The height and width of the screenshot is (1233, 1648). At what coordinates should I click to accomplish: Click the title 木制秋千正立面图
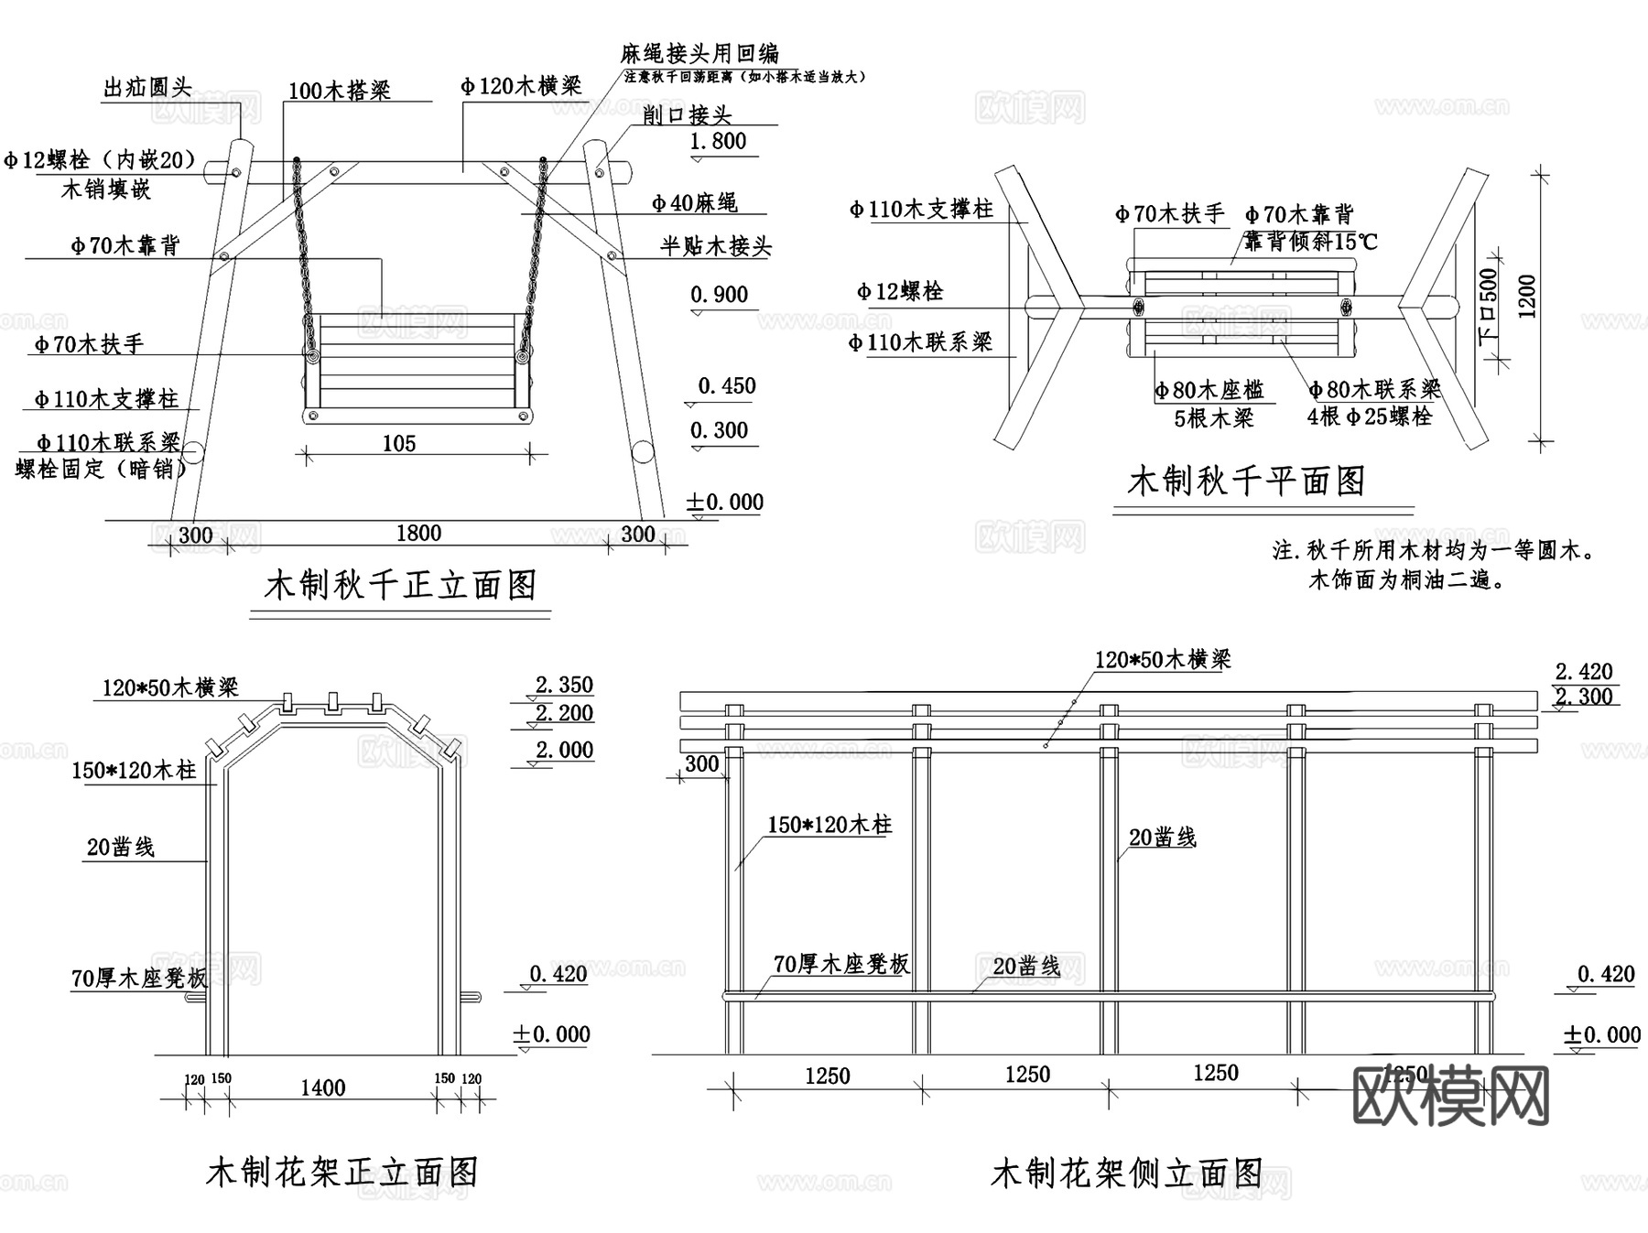400,586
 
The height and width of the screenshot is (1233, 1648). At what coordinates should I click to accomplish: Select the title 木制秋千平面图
1246,481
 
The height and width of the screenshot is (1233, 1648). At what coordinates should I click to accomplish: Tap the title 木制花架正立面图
342,1173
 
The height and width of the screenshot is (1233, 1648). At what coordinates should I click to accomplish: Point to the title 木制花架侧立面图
1127,1174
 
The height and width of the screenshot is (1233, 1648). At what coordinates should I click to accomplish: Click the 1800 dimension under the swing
418,534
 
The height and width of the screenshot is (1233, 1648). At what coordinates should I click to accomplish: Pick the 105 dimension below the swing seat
398,444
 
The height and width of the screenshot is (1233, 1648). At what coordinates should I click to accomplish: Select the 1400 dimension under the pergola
323,1088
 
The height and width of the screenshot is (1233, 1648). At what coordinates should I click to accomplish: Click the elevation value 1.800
718,142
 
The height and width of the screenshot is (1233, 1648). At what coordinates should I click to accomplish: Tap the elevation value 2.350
564,686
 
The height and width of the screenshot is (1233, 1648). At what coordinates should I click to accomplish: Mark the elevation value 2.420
1584,672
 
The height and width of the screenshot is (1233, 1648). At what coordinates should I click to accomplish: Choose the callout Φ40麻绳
695,203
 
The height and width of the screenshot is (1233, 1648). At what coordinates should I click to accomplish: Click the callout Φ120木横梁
521,87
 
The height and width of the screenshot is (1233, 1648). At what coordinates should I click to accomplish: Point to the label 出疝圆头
147,89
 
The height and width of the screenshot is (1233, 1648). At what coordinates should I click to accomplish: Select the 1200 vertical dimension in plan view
1526,296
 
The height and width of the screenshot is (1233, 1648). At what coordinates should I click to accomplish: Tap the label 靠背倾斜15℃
1310,243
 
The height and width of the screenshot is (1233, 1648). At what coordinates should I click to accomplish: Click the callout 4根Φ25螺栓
1370,417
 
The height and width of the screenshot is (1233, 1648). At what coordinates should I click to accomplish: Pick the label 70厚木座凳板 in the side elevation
841,964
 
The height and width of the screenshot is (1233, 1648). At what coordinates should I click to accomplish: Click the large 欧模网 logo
1451,1096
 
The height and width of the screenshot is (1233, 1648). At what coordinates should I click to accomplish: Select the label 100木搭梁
340,91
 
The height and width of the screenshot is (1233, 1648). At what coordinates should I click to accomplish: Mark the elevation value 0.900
719,295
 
